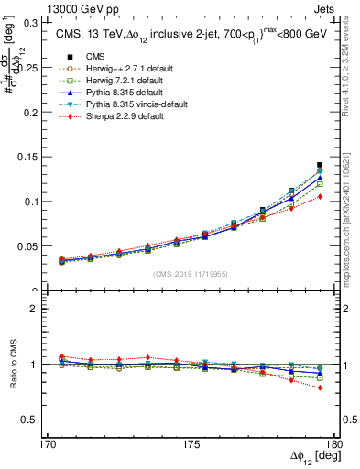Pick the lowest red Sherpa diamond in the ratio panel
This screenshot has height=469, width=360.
(x=320, y=387)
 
